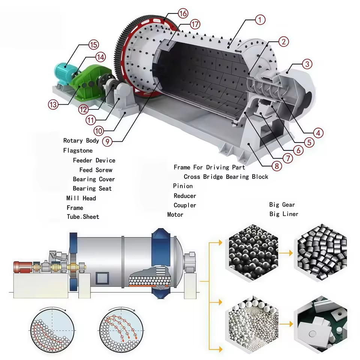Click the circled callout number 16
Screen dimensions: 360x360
pos(183,13)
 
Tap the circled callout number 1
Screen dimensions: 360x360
pos(260,20)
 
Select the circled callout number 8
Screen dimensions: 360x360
pos(277,166)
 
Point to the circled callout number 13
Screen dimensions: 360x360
pos(53,105)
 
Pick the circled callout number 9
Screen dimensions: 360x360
pos(107,141)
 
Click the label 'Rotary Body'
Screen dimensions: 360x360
pos(81,141)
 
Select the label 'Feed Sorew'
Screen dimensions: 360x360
pos(96,170)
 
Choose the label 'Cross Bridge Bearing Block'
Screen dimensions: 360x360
pos(226,177)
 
